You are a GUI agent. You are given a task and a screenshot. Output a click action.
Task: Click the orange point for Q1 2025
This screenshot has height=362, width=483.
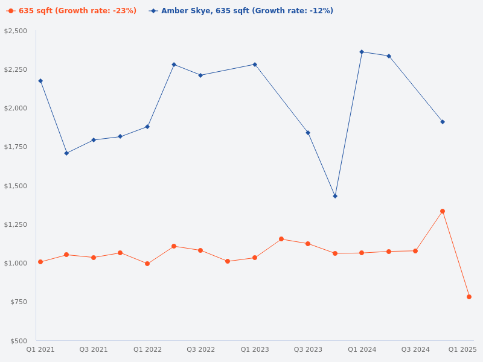pyautogui.click(x=469, y=297)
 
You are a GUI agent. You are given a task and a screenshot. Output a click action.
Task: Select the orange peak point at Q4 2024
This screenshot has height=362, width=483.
pyautogui.click(x=443, y=211)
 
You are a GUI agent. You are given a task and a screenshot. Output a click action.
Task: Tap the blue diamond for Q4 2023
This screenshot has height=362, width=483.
pyautogui.click(x=335, y=196)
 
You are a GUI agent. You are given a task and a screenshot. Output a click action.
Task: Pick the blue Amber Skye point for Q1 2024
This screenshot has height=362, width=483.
pyautogui.click(x=362, y=52)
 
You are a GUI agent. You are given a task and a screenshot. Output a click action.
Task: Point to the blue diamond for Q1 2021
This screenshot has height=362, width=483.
pyautogui.click(x=40, y=81)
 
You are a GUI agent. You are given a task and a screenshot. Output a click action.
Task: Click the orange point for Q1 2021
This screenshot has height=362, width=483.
pyautogui.click(x=40, y=262)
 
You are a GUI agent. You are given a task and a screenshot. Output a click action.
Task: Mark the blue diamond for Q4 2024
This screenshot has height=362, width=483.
pyautogui.click(x=443, y=122)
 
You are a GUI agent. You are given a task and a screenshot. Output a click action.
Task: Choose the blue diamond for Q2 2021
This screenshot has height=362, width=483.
pyautogui.click(x=66, y=153)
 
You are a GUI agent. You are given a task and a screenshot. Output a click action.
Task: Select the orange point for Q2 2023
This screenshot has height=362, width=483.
pyautogui.click(x=281, y=239)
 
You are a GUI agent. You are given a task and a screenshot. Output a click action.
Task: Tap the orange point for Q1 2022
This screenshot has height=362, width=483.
pyautogui.click(x=147, y=264)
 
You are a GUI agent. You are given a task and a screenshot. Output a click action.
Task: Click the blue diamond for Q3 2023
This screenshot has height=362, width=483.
pyautogui.click(x=308, y=133)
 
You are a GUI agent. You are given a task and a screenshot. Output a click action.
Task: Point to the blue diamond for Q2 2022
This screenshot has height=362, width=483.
pyautogui.click(x=174, y=65)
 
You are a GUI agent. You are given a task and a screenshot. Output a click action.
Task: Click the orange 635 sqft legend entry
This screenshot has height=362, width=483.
pyautogui.click(x=72, y=11)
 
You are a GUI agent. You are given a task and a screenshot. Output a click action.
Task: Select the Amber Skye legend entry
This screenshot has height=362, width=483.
pyautogui.click(x=241, y=11)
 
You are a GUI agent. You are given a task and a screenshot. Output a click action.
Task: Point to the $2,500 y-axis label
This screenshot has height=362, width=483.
pyautogui.click(x=16, y=31)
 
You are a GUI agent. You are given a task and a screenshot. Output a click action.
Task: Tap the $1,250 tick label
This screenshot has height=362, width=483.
pyautogui.click(x=16, y=224)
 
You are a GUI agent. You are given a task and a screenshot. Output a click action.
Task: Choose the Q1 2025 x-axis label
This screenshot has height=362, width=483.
pyautogui.click(x=462, y=349)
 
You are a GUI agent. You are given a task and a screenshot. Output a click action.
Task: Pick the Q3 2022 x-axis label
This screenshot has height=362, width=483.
pyautogui.click(x=200, y=349)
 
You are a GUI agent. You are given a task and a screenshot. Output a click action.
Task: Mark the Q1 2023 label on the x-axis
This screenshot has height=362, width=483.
pyautogui.click(x=255, y=349)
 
